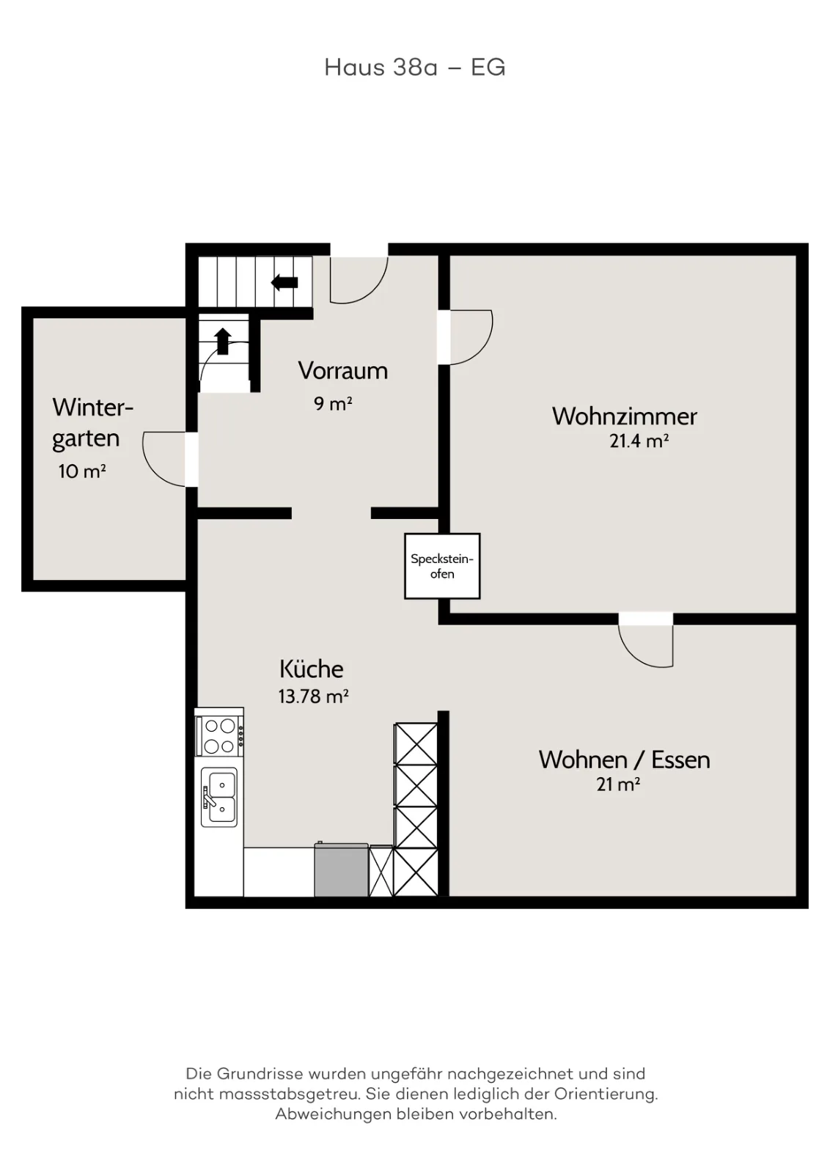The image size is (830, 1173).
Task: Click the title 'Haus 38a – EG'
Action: pyautogui.click(x=415, y=67)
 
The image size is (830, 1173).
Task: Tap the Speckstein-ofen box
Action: pyautogui.click(x=442, y=565)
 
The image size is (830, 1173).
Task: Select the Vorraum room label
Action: pyautogui.click(x=343, y=371)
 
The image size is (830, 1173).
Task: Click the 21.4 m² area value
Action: pyautogui.click(x=639, y=441)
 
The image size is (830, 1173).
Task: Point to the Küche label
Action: pyautogui.click(x=312, y=669)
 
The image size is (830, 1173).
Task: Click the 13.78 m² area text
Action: pyautogui.click(x=313, y=696)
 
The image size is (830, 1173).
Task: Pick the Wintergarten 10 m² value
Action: pyautogui.click(x=82, y=471)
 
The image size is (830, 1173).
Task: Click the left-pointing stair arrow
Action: pyautogui.click(x=284, y=283)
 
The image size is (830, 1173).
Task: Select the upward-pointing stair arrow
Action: pyautogui.click(x=223, y=341)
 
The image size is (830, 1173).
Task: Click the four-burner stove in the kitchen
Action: pyautogui.click(x=219, y=736)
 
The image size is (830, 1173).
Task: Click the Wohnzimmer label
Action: pyautogui.click(x=624, y=416)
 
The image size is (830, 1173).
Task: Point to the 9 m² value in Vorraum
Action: pyautogui.click(x=333, y=403)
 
